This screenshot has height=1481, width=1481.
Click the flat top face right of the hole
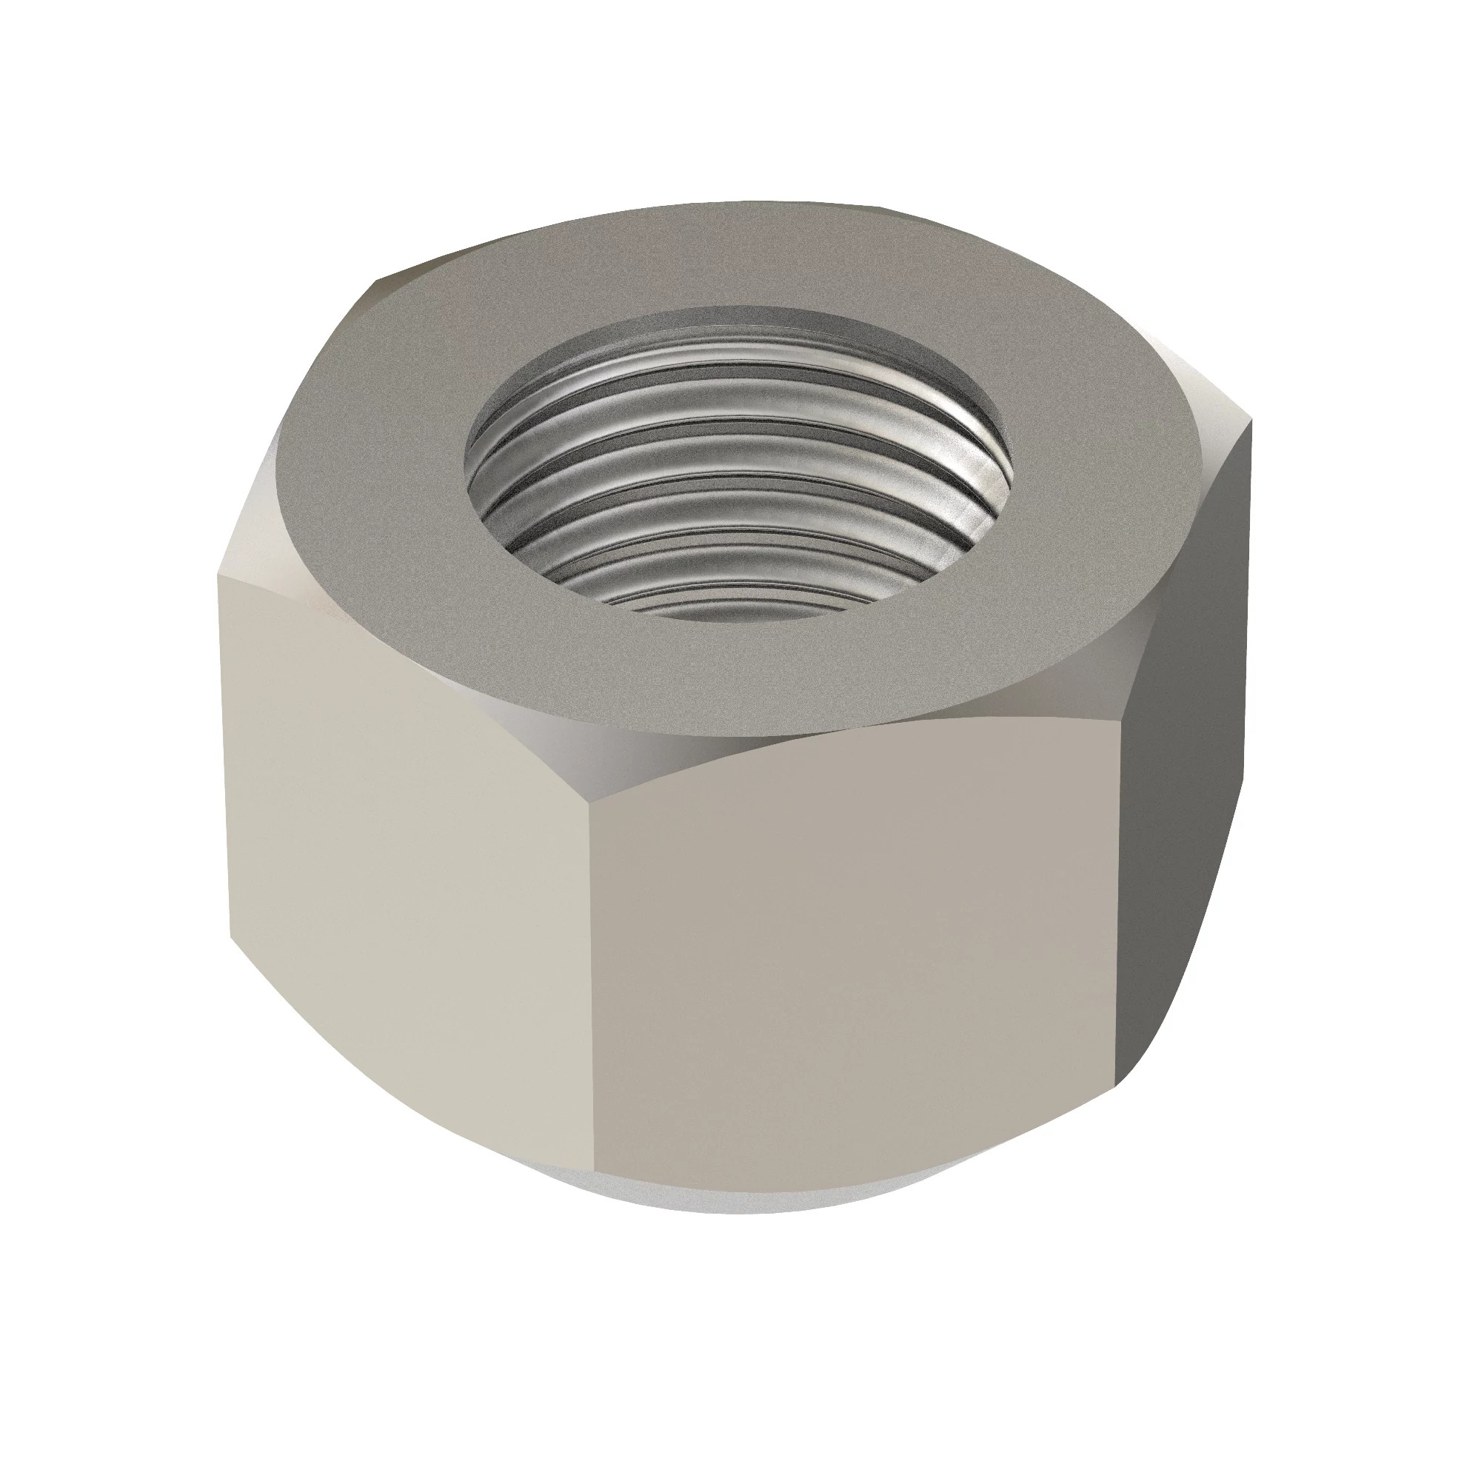coord(1104,475)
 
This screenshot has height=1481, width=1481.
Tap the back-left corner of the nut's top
coord(375,287)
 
